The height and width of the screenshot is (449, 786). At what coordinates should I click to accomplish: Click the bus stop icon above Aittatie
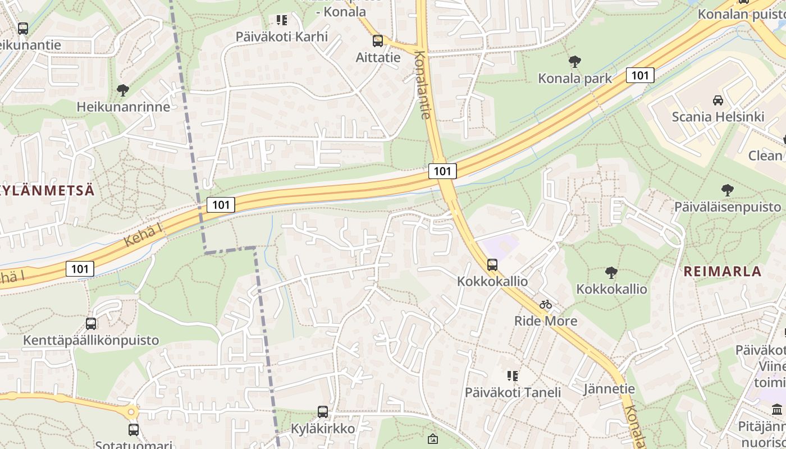pos(378,41)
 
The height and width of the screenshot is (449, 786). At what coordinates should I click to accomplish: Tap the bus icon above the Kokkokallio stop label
pos(492,264)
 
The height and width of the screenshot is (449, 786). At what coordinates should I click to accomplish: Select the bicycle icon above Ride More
pos(546,305)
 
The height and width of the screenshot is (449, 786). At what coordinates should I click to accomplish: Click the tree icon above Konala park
pos(574,62)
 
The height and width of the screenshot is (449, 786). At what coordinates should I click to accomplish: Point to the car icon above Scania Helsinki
pos(718,100)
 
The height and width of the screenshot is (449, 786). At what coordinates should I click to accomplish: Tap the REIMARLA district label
pos(722,272)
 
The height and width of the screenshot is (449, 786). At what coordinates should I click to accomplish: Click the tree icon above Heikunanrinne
pos(123,90)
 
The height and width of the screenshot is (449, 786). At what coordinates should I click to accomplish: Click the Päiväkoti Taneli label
pos(513,392)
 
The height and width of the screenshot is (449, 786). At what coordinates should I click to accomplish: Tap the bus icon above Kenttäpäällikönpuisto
pos(91,324)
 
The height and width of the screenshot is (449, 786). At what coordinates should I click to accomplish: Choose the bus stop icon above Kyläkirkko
pos(323,412)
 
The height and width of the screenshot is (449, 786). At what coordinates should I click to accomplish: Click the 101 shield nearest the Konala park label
pos(640,75)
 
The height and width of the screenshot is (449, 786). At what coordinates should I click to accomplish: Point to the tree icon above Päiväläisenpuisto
pos(728,190)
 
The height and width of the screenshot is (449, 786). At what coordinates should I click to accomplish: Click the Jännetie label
pos(609,389)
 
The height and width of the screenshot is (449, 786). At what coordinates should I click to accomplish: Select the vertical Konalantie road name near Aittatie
pos(423,84)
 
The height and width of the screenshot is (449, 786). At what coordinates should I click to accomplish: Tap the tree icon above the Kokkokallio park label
pos(611,273)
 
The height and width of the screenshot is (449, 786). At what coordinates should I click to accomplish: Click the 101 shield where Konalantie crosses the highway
pos(442,171)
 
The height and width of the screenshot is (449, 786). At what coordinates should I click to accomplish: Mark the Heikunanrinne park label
pos(123,107)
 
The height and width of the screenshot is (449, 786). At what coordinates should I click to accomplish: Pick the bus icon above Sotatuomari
pos(134,430)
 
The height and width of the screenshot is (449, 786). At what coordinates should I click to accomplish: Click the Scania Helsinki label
pos(718,117)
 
